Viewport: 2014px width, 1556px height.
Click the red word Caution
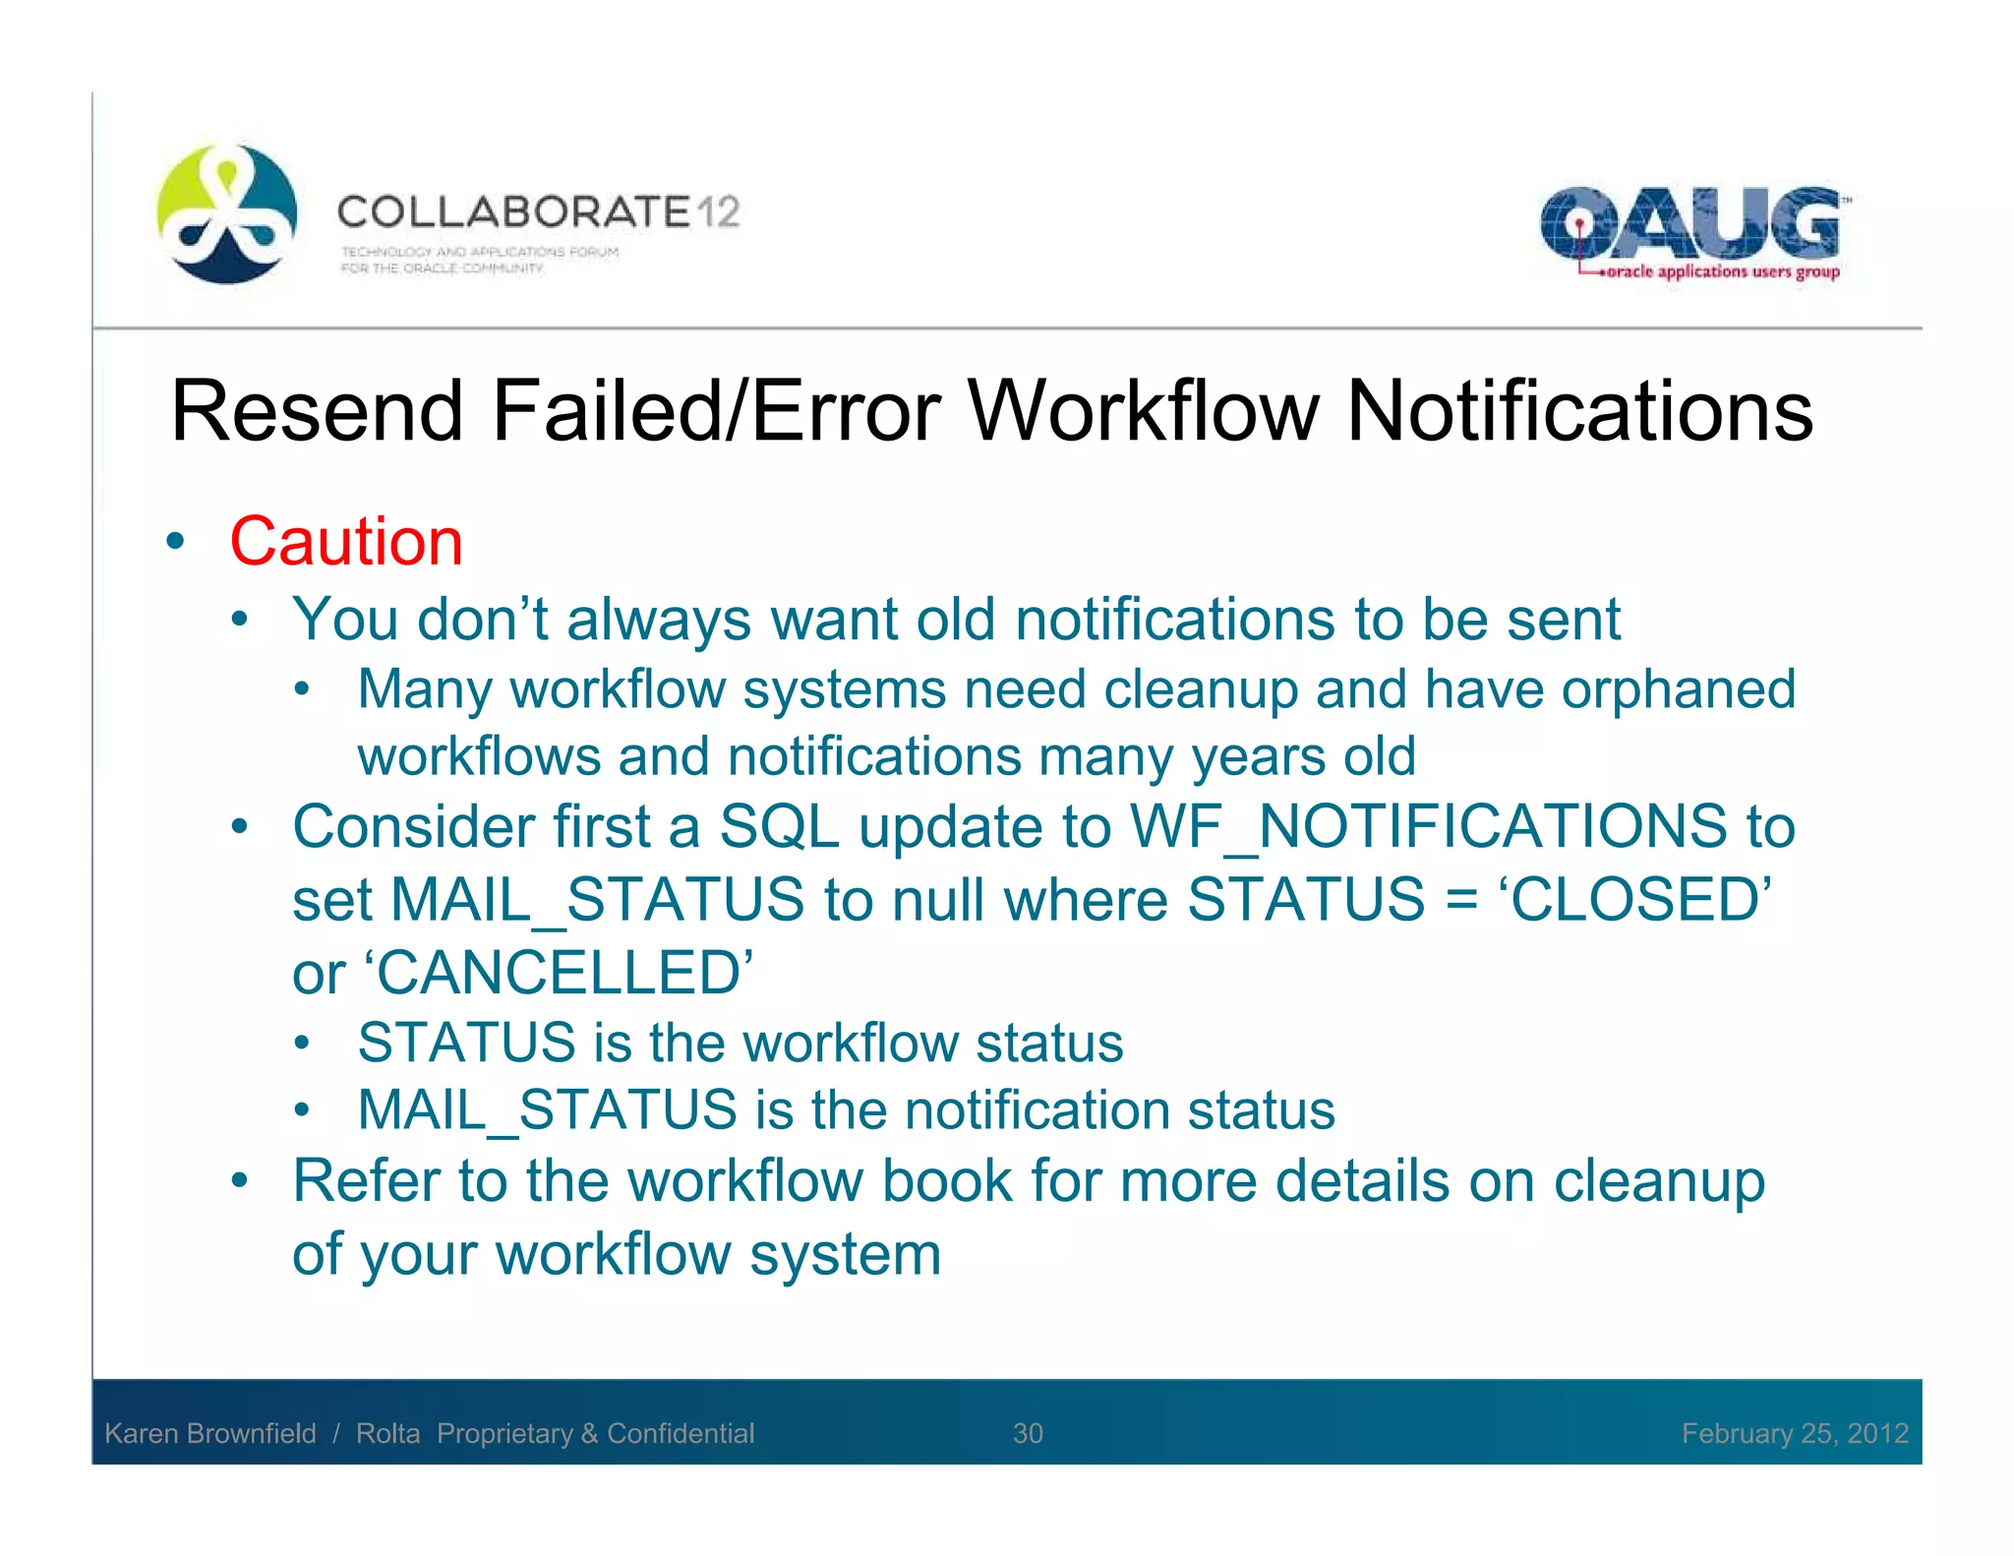tap(346, 542)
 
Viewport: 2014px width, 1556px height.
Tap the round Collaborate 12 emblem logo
tap(227, 214)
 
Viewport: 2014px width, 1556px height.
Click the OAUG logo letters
tap(1688, 222)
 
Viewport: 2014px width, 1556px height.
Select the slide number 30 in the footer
tap(1028, 1433)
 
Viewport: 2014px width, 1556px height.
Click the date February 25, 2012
tap(1794, 1433)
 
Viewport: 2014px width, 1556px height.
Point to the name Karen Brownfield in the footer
tap(210, 1433)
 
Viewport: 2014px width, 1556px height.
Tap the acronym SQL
tap(779, 826)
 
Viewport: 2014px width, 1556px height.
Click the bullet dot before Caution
tap(176, 541)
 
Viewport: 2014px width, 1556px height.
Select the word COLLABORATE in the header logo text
tap(513, 212)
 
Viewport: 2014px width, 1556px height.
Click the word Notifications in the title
tap(1579, 411)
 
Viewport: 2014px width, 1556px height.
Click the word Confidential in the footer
tap(681, 1433)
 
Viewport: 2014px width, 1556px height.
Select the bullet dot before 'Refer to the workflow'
tap(240, 1180)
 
